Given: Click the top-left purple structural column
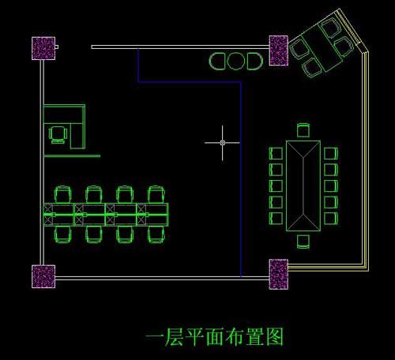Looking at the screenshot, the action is tap(43, 48).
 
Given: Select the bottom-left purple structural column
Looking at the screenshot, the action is tap(43, 276).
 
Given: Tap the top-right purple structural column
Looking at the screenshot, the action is tap(278, 51).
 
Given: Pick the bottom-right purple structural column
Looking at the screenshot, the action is tap(278, 274).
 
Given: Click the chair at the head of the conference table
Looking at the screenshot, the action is tap(303, 130).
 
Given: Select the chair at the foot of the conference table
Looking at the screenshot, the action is tap(303, 242).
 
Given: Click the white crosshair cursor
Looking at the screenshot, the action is tap(223, 143).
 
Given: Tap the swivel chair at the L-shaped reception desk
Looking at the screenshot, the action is tap(58, 135).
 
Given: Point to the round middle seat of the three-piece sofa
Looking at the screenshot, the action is tap(236, 62).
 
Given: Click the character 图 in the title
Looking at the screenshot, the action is tap(275, 336).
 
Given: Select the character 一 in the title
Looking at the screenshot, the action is tap(154, 336).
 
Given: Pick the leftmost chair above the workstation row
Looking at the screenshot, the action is tap(63, 194).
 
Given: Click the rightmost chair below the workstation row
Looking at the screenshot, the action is tap(156, 234).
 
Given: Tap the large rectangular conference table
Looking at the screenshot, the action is tap(303, 186).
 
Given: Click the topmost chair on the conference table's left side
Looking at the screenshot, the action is tap(276, 153).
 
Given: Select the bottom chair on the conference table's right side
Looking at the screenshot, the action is tap(331, 219).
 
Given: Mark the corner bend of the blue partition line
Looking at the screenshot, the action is tap(241, 82).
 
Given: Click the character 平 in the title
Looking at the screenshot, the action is tap(194, 336).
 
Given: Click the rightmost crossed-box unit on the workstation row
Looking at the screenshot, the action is tap(141, 215).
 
